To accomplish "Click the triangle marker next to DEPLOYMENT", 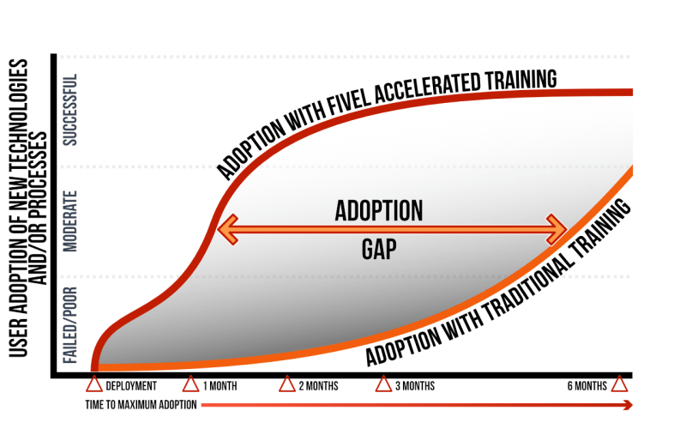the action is [94, 384].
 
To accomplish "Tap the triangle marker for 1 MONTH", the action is [190, 384].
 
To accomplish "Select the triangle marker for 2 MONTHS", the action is [287, 384].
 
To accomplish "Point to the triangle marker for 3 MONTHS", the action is [383, 384].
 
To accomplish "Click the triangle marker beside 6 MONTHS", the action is [619, 384].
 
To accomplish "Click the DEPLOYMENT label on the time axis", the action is [131, 386].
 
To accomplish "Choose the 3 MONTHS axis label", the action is [415, 386].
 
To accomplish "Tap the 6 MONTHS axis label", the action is [587, 386].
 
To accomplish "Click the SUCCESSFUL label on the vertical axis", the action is [70, 110].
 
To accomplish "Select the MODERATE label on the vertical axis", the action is [70, 221].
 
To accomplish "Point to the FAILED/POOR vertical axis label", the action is [70, 325].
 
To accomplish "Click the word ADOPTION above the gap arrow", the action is [379, 210].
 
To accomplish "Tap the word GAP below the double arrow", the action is [379, 250].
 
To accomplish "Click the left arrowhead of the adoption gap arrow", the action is [227, 229].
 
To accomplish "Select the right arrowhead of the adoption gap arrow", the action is [557, 229].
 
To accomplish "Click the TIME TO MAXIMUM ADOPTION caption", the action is [141, 404].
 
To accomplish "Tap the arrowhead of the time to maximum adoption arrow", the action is [628, 405].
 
